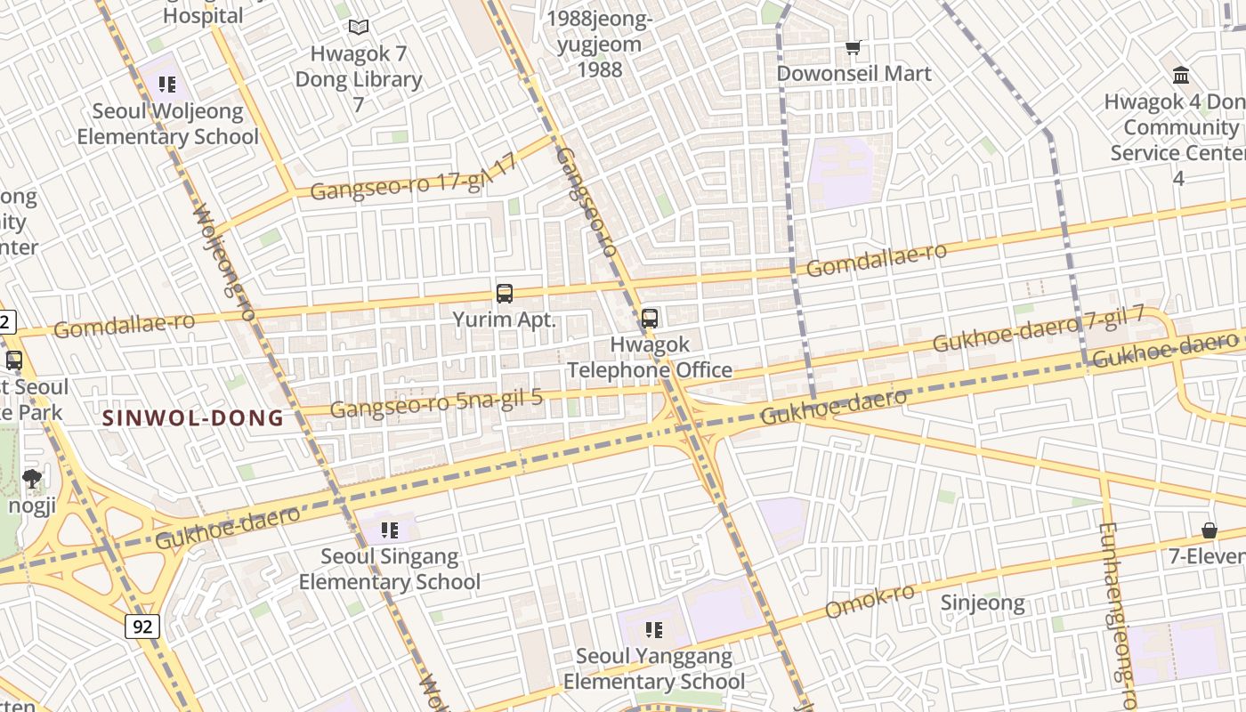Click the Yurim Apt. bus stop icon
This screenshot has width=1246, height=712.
pos(505,294)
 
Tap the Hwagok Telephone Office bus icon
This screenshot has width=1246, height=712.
pos(650,318)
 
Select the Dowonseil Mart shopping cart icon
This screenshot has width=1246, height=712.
pos(854,47)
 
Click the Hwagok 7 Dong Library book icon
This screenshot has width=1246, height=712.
pos(359,28)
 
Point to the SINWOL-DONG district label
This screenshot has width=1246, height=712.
pos(193,417)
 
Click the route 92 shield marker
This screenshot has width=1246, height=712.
pos(142,627)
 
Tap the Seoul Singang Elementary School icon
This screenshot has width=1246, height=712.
pos(389,530)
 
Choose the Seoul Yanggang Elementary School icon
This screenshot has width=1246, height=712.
pos(654,630)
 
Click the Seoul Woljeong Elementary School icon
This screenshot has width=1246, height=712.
pos(166,85)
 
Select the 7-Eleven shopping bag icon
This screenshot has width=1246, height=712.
pos(1210,530)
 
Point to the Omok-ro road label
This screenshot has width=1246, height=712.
pos(870,603)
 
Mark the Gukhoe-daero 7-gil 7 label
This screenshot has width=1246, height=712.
pos(1038,329)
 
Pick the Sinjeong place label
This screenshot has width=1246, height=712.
pos(983,603)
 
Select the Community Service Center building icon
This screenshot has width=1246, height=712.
pos(1182,74)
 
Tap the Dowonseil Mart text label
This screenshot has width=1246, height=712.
pos(854,73)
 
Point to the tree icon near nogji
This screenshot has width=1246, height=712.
pos(32,478)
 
